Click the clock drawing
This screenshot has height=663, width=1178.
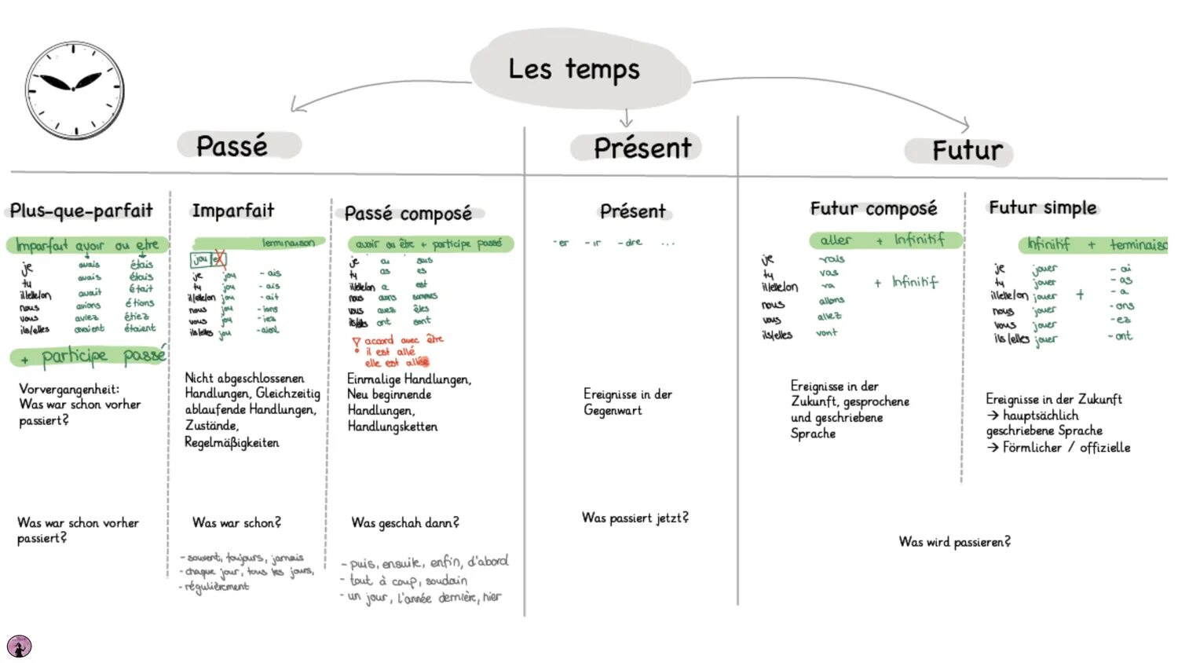(x=75, y=90)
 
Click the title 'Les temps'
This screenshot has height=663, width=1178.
(x=574, y=69)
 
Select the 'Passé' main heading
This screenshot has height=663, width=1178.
(x=232, y=146)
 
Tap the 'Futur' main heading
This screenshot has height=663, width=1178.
(x=967, y=151)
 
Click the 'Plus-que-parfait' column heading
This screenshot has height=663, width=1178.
(x=82, y=211)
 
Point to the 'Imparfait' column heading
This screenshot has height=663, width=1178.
(x=233, y=211)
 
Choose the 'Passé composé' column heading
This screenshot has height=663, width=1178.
(x=408, y=214)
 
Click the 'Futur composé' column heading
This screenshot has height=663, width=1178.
(x=873, y=209)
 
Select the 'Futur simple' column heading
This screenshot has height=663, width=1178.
(x=1042, y=208)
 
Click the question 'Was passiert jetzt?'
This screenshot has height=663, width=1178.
(x=635, y=518)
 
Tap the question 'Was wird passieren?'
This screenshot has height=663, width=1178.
(x=954, y=542)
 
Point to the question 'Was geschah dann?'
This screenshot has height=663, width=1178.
(x=404, y=522)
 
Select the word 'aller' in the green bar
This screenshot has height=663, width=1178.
(x=835, y=240)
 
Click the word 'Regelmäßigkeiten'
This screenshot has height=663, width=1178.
(x=232, y=443)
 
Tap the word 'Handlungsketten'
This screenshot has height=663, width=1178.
(x=393, y=427)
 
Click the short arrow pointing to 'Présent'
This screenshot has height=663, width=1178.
(x=626, y=118)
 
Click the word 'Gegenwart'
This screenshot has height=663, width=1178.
(x=613, y=410)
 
